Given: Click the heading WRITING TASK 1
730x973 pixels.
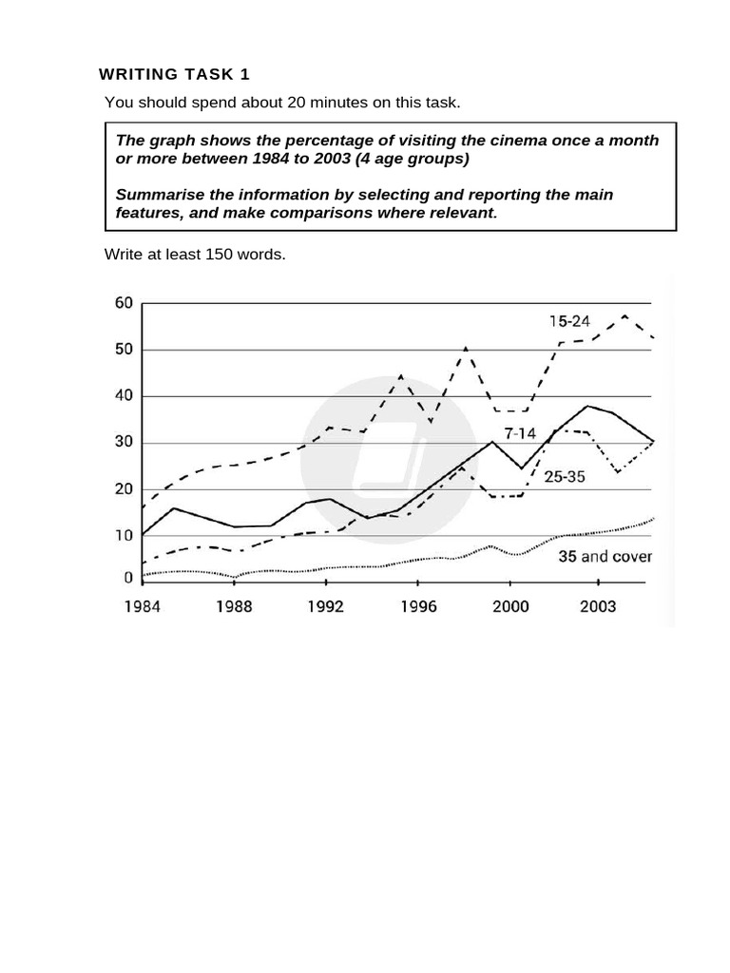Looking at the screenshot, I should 175,74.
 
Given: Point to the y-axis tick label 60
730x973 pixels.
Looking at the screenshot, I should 124,303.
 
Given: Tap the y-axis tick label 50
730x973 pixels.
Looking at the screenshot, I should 124,350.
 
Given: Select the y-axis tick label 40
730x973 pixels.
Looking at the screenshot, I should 124,396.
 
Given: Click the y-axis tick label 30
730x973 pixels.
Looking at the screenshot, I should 124,443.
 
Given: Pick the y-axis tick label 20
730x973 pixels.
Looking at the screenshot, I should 124,489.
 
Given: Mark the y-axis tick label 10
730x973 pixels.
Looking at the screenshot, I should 124,536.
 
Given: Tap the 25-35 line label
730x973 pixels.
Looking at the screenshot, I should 565,477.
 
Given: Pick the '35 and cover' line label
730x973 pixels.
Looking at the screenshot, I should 605,556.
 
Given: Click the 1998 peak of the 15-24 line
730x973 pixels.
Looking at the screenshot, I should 465,349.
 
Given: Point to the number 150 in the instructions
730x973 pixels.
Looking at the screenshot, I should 219,256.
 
